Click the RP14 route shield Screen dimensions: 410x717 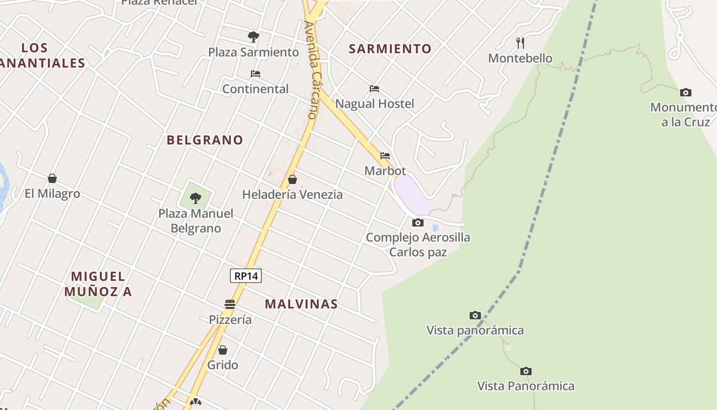246,276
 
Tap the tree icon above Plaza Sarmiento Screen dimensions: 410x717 253,37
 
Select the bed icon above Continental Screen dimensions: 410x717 256,74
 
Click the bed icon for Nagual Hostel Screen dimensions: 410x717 374,89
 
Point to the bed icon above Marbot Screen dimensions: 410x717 385,156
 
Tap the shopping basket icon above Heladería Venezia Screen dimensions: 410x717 292,179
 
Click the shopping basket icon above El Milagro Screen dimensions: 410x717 52,178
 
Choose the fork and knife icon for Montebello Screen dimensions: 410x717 520,43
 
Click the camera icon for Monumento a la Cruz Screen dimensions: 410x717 685,93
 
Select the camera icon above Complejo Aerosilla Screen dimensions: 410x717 418,222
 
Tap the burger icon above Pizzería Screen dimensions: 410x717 230,304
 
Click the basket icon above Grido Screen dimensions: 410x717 223,350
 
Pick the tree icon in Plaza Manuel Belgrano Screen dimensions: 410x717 195,198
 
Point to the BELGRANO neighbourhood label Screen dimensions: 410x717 205,140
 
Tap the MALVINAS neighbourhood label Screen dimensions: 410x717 301,304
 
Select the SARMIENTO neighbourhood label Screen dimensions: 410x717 390,49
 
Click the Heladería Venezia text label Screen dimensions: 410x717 292,195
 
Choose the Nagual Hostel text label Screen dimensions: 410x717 374,104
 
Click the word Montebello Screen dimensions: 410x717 520,58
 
